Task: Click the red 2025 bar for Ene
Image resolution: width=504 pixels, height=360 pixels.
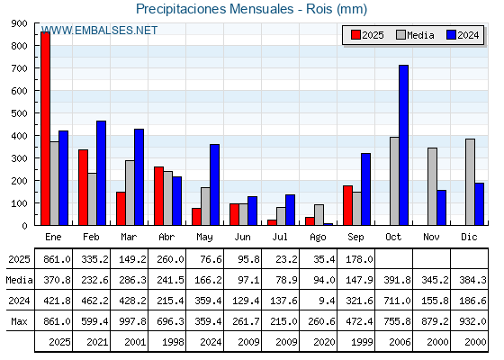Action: click(x=46, y=128)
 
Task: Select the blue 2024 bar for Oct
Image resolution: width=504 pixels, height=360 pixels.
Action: click(x=404, y=145)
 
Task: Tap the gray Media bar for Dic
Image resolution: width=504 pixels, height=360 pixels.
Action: click(x=470, y=182)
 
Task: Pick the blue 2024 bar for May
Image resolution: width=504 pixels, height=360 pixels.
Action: click(x=215, y=184)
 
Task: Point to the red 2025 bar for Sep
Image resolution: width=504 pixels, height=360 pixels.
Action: click(x=347, y=205)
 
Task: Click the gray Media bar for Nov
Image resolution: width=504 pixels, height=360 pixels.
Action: click(x=432, y=186)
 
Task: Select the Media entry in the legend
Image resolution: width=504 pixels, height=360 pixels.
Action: click(x=415, y=35)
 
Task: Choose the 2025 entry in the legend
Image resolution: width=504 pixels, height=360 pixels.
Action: click(x=367, y=35)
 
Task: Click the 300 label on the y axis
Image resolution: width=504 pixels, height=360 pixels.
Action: click(x=19, y=158)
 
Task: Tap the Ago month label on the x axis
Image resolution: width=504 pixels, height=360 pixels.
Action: click(x=318, y=238)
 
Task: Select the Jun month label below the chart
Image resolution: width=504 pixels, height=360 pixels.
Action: click(x=242, y=237)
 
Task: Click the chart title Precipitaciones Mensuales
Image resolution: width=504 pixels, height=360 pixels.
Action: click(x=215, y=9)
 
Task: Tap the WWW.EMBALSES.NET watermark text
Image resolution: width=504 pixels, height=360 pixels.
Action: click(x=99, y=31)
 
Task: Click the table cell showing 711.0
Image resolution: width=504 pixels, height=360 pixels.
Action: click(x=397, y=301)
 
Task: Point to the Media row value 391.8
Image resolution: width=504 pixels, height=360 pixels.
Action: click(x=397, y=280)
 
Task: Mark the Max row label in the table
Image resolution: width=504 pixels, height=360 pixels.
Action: click(x=19, y=321)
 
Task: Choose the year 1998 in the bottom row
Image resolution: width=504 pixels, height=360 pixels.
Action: click(x=173, y=342)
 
